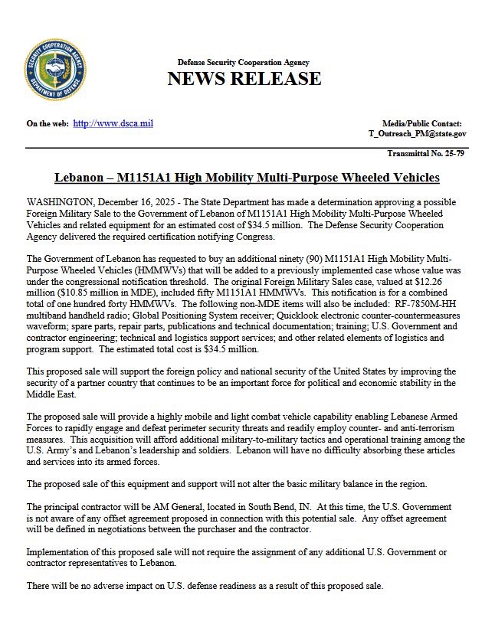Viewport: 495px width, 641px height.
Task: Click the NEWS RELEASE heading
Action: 244,79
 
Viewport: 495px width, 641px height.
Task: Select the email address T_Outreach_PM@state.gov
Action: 417,134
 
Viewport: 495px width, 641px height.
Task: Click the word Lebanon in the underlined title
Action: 80,178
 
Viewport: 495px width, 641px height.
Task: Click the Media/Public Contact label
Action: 421,123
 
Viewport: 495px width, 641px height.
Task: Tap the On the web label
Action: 47,123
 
